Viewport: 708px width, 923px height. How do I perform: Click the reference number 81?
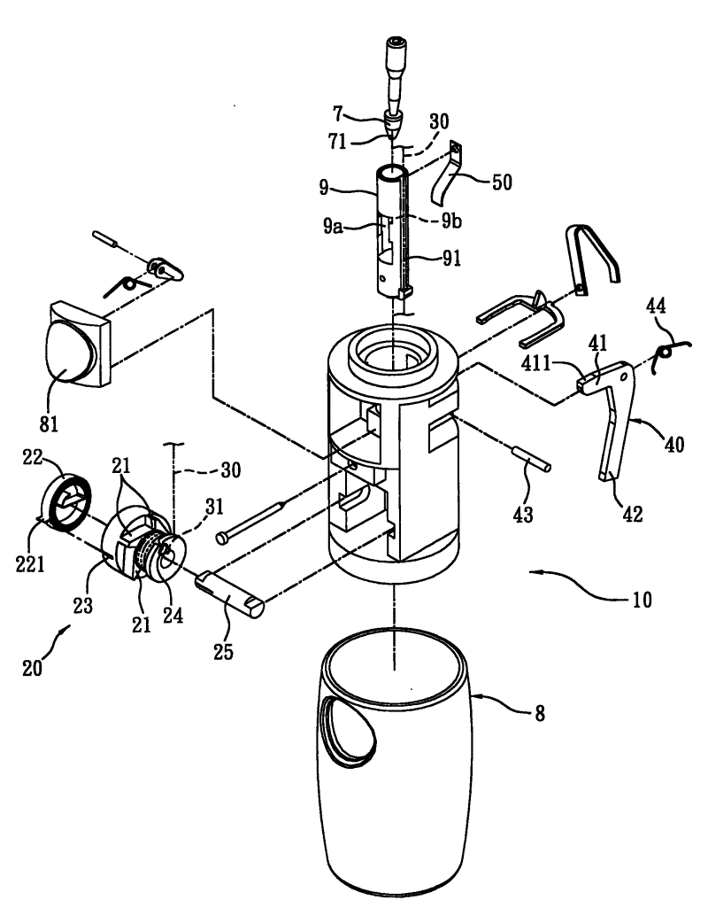coord(49,423)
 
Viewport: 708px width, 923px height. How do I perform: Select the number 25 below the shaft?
coord(223,651)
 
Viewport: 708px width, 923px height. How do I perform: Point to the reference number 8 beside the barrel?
coord(540,713)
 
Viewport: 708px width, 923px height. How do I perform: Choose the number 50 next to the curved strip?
coord(502,182)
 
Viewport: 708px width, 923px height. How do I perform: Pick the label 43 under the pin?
coord(523,514)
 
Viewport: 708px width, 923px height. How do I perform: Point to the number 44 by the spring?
coord(657,306)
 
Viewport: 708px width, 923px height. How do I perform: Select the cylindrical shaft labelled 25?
coord(230,594)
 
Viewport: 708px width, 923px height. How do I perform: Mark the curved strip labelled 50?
coord(448,171)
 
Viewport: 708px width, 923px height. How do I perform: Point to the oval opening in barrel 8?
coord(346,731)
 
